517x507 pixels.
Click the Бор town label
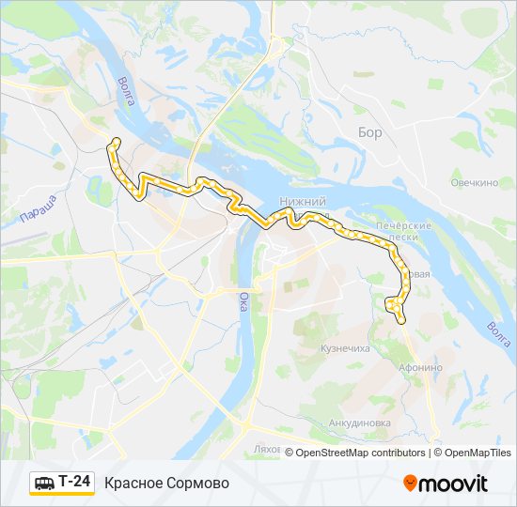pyautogui.click(x=370, y=132)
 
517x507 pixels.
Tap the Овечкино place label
pyautogui.click(x=474, y=182)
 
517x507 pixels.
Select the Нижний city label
pyautogui.click(x=303, y=202)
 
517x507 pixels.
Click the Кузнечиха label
pyautogui.click(x=345, y=348)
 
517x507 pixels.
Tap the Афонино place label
pyautogui.click(x=419, y=367)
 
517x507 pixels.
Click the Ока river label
pyautogui.click(x=243, y=302)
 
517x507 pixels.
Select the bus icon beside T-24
pyautogui.click(x=43, y=483)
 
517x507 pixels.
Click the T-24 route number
pyautogui.click(x=75, y=482)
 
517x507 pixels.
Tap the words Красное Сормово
pyautogui.click(x=166, y=483)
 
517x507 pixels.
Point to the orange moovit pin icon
pyautogui.click(x=410, y=484)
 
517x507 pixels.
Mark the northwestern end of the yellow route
pyautogui.click(x=117, y=141)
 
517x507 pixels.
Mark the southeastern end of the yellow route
pyautogui.click(x=402, y=321)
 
